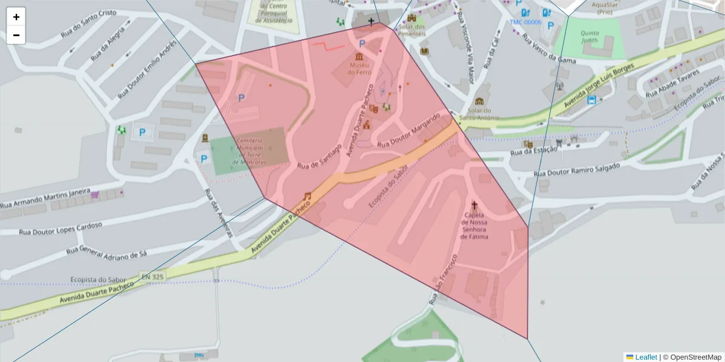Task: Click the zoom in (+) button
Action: click(x=16, y=17)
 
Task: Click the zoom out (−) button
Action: click(x=16, y=35)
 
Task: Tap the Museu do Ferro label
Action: click(x=359, y=68)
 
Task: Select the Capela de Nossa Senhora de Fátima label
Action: click(x=474, y=226)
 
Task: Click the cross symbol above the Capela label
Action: click(x=474, y=205)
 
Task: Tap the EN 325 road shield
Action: click(x=153, y=276)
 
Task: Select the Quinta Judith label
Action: click(x=590, y=37)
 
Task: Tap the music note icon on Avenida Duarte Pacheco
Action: click(x=307, y=196)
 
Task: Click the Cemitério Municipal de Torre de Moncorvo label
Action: click(x=247, y=151)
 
